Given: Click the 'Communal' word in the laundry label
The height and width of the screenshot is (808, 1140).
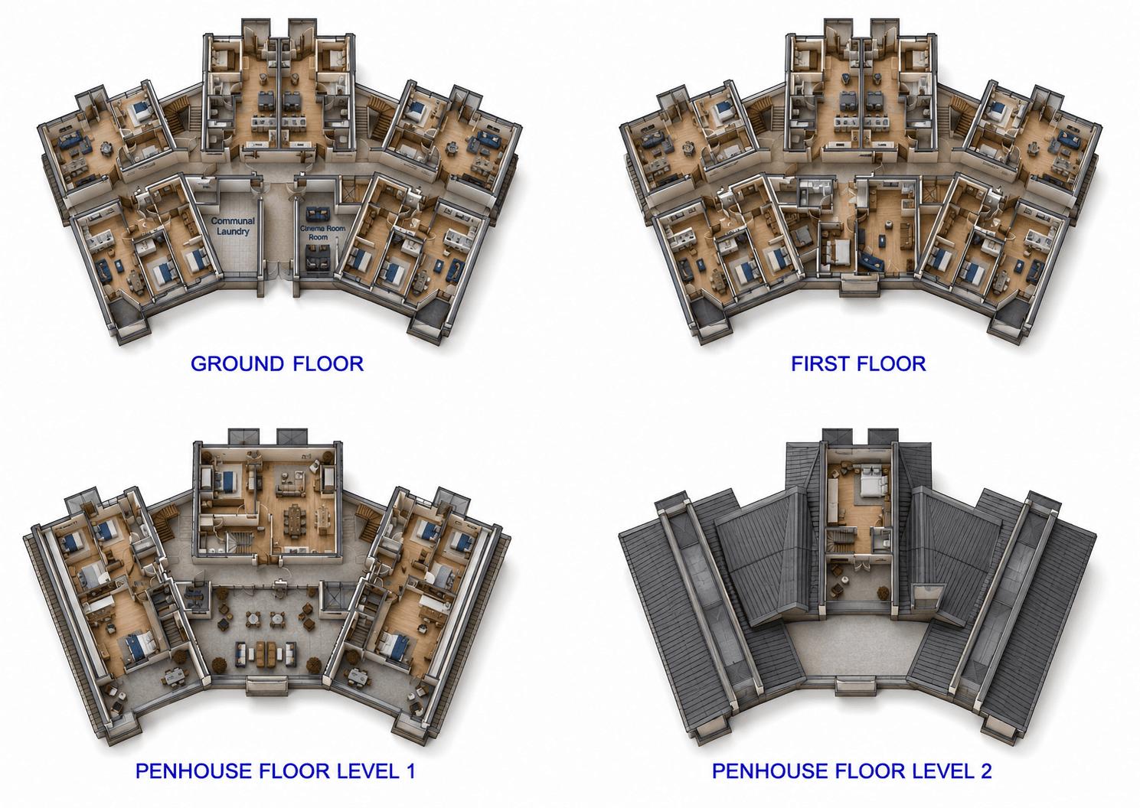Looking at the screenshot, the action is [x=233, y=221].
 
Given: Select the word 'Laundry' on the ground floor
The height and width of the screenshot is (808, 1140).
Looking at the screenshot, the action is [x=233, y=232].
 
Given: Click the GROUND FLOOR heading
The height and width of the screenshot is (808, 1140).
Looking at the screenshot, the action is [x=277, y=364].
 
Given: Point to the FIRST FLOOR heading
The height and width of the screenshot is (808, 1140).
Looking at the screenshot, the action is [x=858, y=364].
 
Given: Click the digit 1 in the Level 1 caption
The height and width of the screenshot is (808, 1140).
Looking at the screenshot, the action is [x=410, y=771].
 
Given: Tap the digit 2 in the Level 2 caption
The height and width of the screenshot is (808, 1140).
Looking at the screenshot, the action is [x=986, y=771].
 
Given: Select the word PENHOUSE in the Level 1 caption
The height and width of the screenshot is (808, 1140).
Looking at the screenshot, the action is [x=194, y=771].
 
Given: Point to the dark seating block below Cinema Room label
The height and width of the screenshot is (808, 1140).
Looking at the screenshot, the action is [x=317, y=256].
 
